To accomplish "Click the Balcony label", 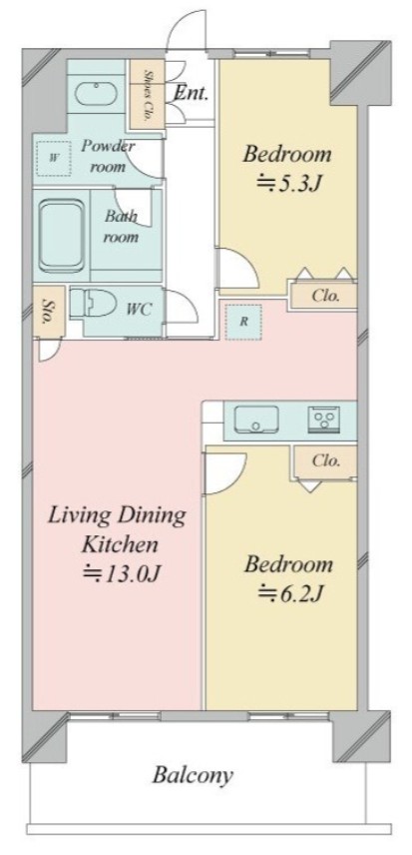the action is click(x=193, y=775).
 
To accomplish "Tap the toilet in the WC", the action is click(x=94, y=304).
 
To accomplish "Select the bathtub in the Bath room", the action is click(x=62, y=236).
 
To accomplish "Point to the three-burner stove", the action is click(x=324, y=420).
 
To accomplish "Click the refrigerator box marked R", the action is click(x=243, y=323).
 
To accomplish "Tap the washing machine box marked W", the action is click(x=54, y=159).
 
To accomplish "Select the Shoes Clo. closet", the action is click(x=147, y=95).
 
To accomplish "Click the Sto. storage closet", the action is click(x=49, y=311).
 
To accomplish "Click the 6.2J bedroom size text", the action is click(x=289, y=593).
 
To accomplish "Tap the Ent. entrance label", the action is click(x=191, y=93).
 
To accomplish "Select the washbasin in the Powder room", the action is click(x=97, y=94).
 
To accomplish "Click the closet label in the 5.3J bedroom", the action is click(x=325, y=296).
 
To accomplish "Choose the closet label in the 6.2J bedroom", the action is click(x=326, y=460).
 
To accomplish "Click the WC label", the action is click(x=139, y=309).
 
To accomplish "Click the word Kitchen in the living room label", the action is click(x=120, y=544).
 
